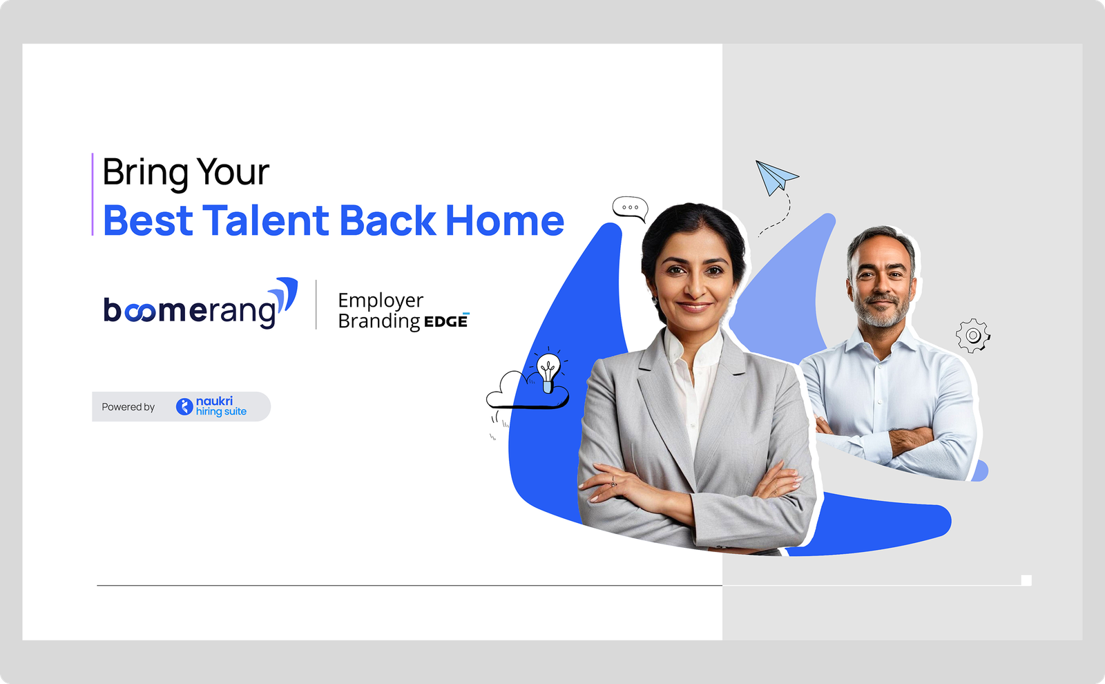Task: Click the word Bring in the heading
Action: coord(145,173)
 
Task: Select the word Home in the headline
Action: coord(505,220)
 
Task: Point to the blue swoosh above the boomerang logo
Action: coord(286,294)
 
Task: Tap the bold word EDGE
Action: coord(446,322)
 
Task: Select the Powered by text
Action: coord(128,407)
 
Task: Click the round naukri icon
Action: coord(184,407)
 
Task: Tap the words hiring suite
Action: coord(221,412)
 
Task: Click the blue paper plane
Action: coord(776,177)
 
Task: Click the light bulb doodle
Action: coord(548,371)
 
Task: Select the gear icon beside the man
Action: coord(973,336)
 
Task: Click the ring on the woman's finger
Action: coord(613,481)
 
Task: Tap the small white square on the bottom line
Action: coord(1026,580)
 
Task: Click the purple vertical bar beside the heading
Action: coord(93,194)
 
